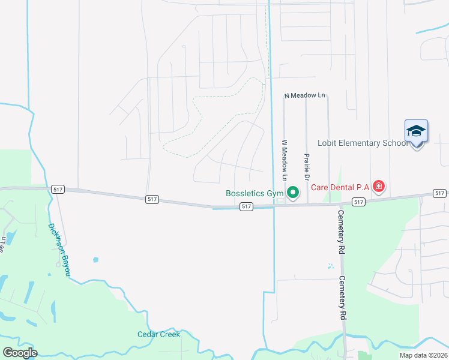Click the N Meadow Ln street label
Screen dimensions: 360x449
point(304,95)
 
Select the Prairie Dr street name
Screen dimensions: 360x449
point(307,167)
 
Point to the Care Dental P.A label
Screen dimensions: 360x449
point(340,187)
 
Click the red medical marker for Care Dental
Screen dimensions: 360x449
point(379,187)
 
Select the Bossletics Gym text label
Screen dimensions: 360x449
point(254,193)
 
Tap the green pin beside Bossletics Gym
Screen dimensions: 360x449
point(293,193)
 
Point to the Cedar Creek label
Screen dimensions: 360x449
point(158,334)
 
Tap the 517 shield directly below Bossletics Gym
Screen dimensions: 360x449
point(246,206)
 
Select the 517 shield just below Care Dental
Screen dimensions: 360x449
point(358,202)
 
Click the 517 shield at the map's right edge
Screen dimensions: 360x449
point(440,193)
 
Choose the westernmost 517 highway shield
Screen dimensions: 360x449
point(57,188)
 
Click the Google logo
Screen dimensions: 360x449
point(20,353)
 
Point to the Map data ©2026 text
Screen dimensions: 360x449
point(423,355)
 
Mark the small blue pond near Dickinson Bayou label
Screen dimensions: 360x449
point(95,260)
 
